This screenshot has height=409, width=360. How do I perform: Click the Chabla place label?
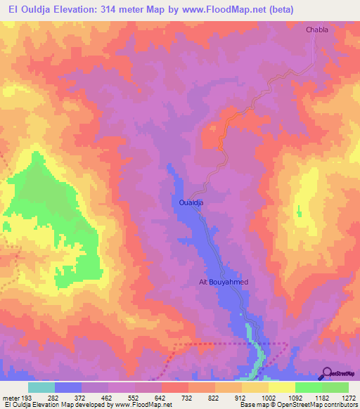click(x=316, y=30)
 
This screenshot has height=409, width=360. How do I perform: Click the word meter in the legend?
click(x=11, y=397)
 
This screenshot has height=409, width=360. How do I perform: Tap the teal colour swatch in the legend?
click(x=41, y=387)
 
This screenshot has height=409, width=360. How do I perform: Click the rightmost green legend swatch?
click(x=335, y=387)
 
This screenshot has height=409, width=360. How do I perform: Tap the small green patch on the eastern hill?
click(x=298, y=210)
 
